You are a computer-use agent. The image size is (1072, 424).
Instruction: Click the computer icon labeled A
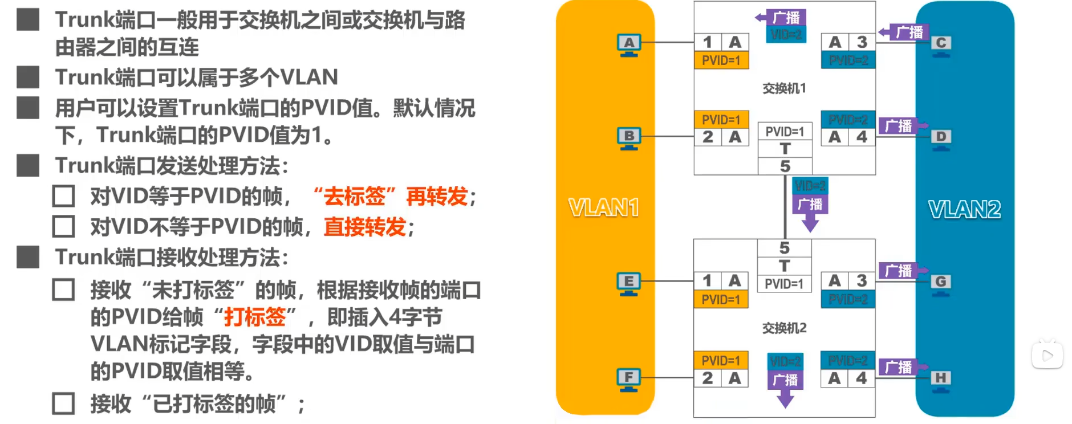point(629,45)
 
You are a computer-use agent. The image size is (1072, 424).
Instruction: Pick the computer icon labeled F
point(628,380)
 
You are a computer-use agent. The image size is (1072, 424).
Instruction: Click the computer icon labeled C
point(941,45)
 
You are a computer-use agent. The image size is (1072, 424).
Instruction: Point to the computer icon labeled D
point(941,138)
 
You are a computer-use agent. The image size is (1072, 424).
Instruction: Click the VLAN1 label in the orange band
point(604,208)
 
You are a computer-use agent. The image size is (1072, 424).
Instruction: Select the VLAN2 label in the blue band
point(964,210)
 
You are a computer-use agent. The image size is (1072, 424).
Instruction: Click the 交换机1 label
point(784,88)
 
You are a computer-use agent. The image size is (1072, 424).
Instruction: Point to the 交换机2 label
point(784,328)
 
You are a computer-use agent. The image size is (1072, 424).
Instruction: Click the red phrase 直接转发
point(365,227)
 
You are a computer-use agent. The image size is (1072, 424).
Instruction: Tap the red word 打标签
point(255,317)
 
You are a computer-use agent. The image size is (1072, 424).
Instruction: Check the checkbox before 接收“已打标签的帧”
point(63,403)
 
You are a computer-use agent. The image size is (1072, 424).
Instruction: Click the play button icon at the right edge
point(1047,356)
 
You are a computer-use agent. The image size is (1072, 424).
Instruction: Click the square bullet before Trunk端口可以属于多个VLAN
point(28,77)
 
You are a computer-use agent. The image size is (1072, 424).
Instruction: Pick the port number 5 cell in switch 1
point(785,166)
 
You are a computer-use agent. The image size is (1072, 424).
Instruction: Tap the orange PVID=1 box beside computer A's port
point(721,60)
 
